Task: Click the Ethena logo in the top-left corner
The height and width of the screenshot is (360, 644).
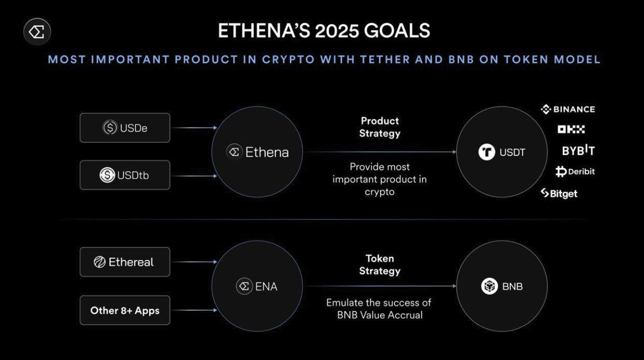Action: tap(37, 32)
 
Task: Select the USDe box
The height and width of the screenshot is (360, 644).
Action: tap(125, 128)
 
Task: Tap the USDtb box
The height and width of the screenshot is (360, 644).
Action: tap(125, 175)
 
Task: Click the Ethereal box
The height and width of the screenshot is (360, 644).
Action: tap(125, 262)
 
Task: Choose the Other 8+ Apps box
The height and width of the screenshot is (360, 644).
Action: tap(125, 310)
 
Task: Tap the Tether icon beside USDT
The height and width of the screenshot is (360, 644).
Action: tap(486, 152)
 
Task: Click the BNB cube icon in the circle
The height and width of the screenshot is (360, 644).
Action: tap(489, 286)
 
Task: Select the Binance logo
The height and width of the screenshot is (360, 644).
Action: tap(568, 109)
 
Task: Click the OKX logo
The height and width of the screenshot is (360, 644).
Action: tap(571, 129)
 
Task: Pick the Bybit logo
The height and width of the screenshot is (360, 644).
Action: tap(578, 151)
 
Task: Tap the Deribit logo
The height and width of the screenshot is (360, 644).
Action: tap(575, 172)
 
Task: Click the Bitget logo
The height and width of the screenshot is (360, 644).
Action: tap(559, 193)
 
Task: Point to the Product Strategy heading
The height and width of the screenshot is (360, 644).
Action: tap(379, 127)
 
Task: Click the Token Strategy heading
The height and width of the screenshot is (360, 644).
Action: tap(379, 264)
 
